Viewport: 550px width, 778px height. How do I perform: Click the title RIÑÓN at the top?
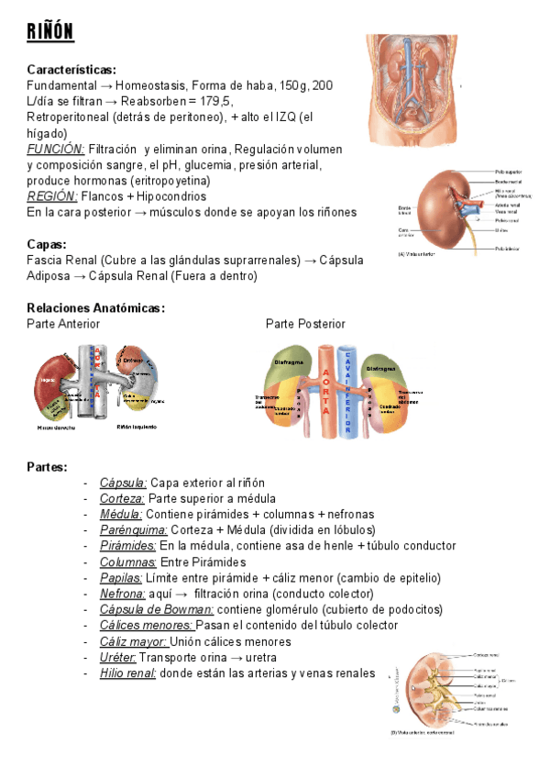(50, 33)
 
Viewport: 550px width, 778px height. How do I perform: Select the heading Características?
(71, 69)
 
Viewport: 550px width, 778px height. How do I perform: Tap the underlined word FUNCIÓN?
(56, 149)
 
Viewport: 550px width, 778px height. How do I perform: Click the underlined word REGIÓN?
(52, 196)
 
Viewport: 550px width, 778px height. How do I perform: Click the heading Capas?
(48, 244)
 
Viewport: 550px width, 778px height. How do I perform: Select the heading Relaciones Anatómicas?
(95, 307)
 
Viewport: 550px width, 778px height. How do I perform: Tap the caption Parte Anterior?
(63, 324)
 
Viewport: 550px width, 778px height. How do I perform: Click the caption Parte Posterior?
(305, 324)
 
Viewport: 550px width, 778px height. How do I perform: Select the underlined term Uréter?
(118, 657)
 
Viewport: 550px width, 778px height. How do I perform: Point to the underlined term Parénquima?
(134, 529)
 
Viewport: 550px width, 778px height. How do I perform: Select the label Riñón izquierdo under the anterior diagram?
(137, 428)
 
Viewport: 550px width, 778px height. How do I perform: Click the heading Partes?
(47, 467)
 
